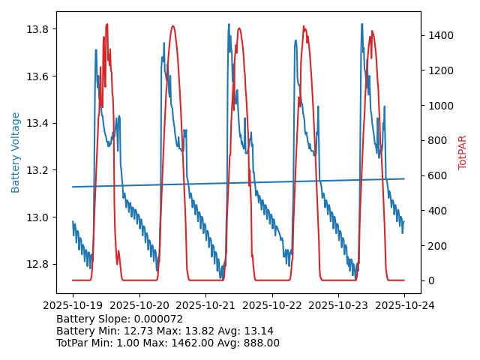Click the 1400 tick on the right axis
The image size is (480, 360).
click(x=439, y=35)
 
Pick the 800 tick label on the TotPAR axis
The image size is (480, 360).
click(x=436, y=140)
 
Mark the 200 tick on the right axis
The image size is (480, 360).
click(x=436, y=245)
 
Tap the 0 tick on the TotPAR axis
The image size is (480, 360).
click(x=430, y=280)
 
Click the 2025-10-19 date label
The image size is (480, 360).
click(x=73, y=306)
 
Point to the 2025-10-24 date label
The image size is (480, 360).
click(x=404, y=306)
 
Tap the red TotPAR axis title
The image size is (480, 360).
click(x=463, y=152)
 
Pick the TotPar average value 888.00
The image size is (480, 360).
click(x=260, y=343)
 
